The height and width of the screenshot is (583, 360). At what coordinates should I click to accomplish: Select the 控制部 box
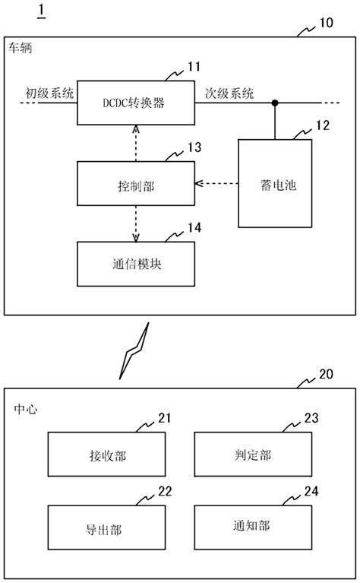point(137,183)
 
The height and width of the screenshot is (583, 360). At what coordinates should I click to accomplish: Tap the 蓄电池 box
point(275,183)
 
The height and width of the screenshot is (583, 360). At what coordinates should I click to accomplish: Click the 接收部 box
point(106,454)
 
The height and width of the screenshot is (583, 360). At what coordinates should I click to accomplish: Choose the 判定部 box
point(254,454)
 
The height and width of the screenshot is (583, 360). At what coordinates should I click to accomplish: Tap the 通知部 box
point(254,525)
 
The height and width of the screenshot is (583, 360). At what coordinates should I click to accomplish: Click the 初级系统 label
point(49,93)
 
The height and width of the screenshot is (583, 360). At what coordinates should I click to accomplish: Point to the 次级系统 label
point(229,93)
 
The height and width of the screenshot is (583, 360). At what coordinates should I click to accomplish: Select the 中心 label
point(26,408)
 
